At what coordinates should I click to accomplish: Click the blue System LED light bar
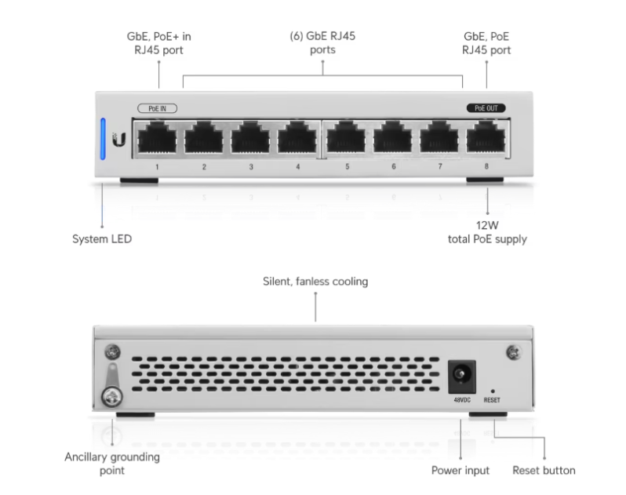pyautogui.click(x=103, y=139)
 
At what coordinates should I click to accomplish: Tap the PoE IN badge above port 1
pyautogui.click(x=158, y=108)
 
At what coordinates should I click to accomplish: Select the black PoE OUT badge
pyautogui.click(x=486, y=108)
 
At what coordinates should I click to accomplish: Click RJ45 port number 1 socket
pyautogui.click(x=157, y=137)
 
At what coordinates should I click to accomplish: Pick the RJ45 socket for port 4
pyautogui.click(x=297, y=137)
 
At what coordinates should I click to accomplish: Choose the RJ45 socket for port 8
pyautogui.click(x=486, y=137)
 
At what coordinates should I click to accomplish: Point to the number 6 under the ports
pyautogui.click(x=394, y=166)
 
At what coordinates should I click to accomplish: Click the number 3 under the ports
pyautogui.click(x=251, y=167)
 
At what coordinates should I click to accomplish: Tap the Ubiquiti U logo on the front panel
pyautogui.click(x=119, y=140)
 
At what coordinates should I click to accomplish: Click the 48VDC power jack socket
pyautogui.click(x=461, y=377)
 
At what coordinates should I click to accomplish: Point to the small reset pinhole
pyautogui.click(x=493, y=391)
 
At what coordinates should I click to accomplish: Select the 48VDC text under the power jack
pyautogui.click(x=462, y=400)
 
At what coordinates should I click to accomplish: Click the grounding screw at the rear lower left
pyautogui.click(x=112, y=397)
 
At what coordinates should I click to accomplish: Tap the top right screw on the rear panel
pyautogui.click(x=513, y=352)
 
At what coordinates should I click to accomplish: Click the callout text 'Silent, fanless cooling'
pyautogui.click(x=315, y=282)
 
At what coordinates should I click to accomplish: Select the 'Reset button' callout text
pyautogui.click(x=544, y=470)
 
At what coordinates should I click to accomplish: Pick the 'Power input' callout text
pyautogui.click(x=460, y=470)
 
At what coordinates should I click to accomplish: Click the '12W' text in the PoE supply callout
pyautogui.click(x=487, y=225)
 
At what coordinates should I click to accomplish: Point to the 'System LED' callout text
pyautogui.click(x=102, y=239)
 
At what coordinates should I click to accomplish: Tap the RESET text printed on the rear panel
pyautogui.click(x=492, y=400)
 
